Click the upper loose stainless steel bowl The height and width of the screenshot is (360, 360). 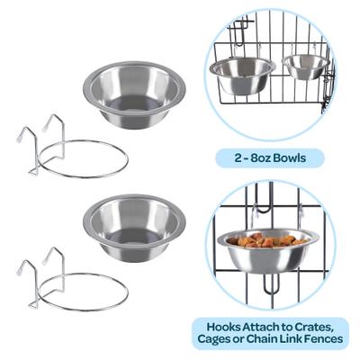pyautogui.click(x=133, y=94)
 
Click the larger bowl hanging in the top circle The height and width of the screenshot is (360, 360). pyautogui.click(x=241, y=76)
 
